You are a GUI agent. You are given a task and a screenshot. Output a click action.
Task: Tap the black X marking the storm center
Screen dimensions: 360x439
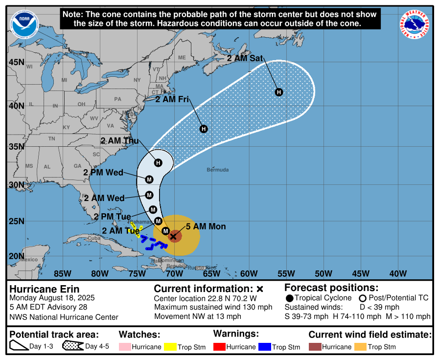point(173,236)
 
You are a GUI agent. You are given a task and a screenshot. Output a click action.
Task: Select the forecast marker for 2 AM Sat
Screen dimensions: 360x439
point(278,92)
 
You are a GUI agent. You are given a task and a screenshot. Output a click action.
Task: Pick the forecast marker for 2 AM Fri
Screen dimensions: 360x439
point(204,129)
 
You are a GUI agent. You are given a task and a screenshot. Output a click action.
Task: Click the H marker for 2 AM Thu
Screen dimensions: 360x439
point(158,162)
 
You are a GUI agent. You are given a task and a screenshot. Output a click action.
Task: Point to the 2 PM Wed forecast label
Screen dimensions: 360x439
point(103,173)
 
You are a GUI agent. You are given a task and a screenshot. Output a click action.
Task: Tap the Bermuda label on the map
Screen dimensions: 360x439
point(218,170)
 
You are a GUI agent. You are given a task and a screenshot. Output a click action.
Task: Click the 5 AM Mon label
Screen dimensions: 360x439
point(206,226)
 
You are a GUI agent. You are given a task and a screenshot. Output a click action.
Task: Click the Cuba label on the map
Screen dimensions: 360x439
point(93,238)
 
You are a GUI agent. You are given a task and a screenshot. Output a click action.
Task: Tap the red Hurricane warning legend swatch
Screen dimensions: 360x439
point(223,347)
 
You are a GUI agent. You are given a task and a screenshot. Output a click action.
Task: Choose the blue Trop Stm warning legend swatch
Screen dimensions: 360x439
point(265,347)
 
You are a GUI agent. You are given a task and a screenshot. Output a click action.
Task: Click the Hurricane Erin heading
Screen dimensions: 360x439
point(45,289)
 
